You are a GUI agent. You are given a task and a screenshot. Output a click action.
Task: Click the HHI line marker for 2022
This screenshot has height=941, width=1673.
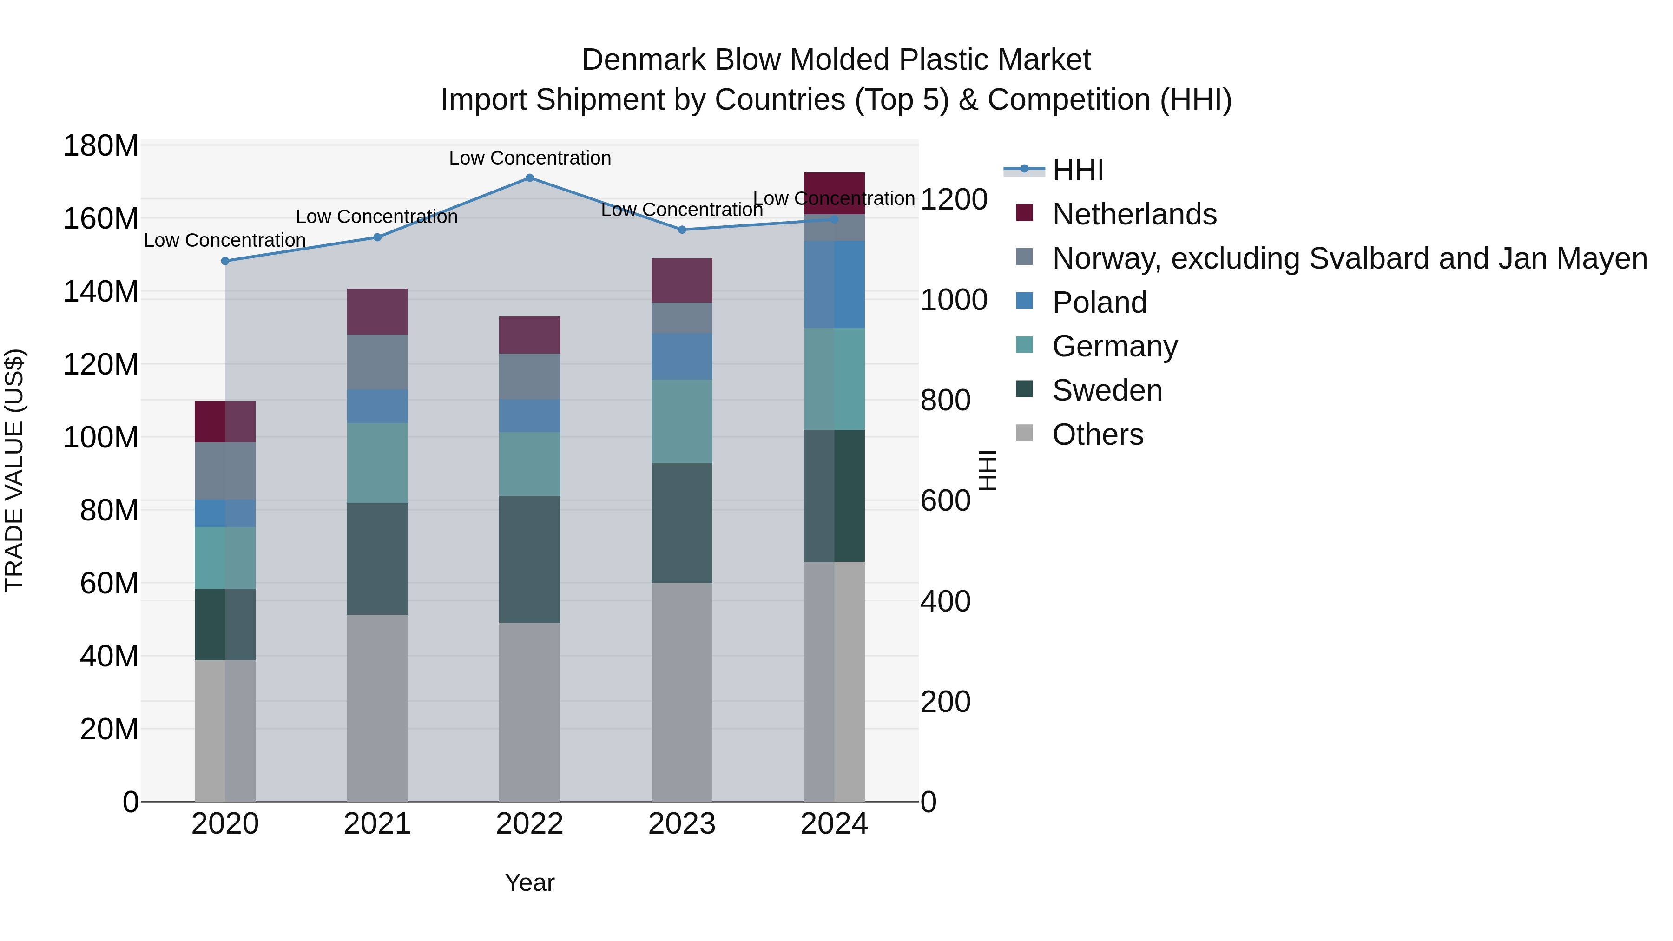(x=529, y=178)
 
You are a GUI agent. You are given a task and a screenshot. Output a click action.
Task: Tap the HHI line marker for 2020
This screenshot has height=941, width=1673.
(x=225, y=261)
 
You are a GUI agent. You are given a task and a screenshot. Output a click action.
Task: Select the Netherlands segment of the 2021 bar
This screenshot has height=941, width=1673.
(x=377, y=312)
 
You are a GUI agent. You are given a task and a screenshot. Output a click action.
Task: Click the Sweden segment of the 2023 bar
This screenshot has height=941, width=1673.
(x=682, y=523)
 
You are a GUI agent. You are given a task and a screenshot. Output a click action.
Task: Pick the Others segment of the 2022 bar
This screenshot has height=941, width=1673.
(x=529, y=712)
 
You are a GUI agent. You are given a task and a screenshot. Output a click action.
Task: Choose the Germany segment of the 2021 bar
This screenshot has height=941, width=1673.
(x=377, y=463)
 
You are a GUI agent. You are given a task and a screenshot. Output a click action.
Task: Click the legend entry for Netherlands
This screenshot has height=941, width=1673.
(x=1134, y=214)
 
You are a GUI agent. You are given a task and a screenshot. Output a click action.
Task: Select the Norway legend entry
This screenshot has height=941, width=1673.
(x=1350, y=258)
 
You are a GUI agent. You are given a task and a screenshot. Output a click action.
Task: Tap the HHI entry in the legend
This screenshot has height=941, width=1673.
(x=1078, y=170)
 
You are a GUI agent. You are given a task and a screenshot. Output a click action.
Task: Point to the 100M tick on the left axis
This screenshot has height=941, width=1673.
(x=101, y=438)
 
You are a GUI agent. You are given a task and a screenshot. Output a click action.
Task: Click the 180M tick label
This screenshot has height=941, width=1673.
(x=101, y=146)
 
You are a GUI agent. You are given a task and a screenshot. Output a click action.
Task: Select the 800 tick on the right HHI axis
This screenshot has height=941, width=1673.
(x=946, y=400)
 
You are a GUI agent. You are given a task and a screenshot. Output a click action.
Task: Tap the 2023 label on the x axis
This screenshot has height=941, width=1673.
(x=682, y=824)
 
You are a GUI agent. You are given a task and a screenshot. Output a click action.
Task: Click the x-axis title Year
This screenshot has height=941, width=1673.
(x=529, y=882)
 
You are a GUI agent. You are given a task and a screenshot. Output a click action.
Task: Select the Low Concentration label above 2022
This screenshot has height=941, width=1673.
(x=530, y=158)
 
